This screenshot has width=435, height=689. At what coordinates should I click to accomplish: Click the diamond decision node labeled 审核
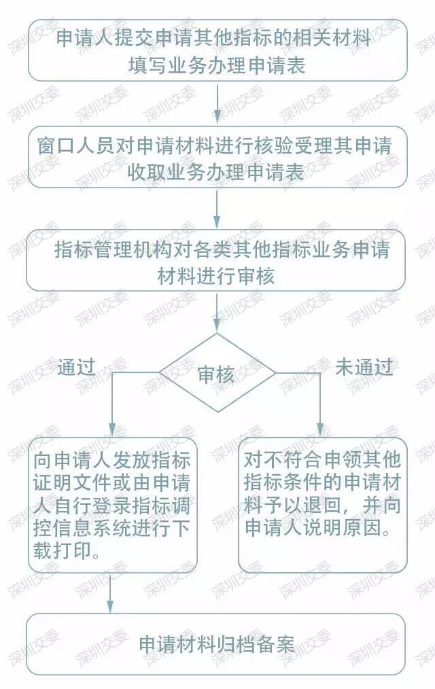pos(217,373)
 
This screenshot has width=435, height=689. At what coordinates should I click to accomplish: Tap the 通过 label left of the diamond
pos(76,367)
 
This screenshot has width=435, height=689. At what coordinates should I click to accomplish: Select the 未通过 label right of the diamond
pos(364,367)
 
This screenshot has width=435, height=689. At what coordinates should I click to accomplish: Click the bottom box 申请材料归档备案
pos(215,644)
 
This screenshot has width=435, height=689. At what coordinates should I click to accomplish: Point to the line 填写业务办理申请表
pos(217,65)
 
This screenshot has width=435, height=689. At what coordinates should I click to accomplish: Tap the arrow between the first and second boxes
pos(217,103)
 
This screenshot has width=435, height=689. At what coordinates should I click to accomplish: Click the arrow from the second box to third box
pos(217,209)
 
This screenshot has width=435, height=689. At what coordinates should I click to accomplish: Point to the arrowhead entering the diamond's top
pos(217,326)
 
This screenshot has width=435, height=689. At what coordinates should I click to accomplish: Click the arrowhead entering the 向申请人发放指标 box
pos(111,429)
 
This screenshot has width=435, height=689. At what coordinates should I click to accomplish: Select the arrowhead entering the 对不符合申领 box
pos(320,429)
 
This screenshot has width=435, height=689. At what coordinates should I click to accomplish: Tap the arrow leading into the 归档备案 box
pos(110,593)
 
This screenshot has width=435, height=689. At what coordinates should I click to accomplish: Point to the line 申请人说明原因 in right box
pos(317,528)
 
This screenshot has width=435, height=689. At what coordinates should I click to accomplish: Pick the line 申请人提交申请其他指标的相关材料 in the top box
pos(214,39)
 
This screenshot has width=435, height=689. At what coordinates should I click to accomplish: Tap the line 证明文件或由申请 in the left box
pos(111,482)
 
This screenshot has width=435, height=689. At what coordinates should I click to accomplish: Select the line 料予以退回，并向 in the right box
pos(322,505)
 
